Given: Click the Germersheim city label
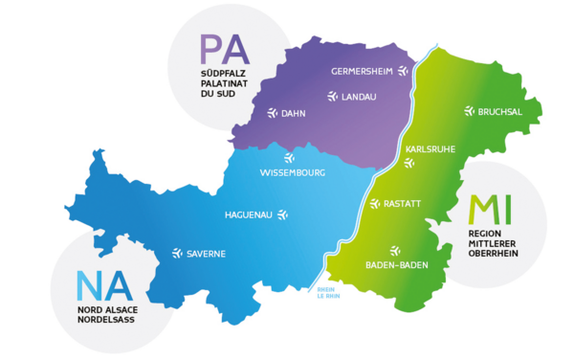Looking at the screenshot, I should [x=363, y=72].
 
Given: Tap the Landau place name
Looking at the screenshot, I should [x=360, y=97].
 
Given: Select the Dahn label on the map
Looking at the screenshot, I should [x=293, y=114].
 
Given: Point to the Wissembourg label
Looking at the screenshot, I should [x=293, y=173].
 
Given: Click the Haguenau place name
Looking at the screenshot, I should [x=247, y=214].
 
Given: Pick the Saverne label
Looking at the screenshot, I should [x=206, y=254].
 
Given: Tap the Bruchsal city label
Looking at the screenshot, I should [x=500, y=111].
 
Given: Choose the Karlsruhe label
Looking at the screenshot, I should [x=430, y=149].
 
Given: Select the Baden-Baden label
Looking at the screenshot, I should [x=397, y=265].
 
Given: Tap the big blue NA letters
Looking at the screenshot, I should [x=103, y=286].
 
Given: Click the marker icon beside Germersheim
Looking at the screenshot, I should [x=403, y=71].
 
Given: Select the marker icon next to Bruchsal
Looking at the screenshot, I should [x=469, y=111].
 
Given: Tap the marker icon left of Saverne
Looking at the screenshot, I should [x=177, y=254].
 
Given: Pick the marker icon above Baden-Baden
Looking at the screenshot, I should [x=395, y=250].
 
